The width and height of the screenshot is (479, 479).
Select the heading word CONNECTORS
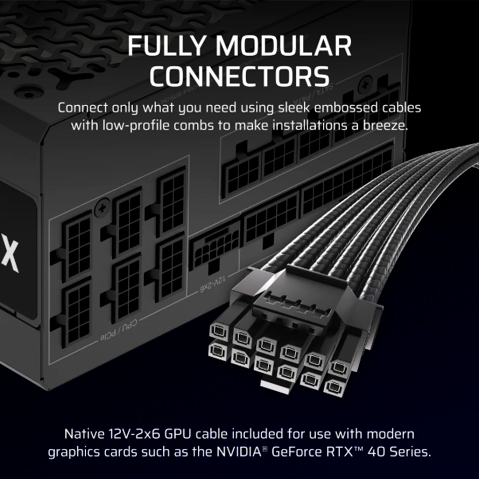coord(239,76)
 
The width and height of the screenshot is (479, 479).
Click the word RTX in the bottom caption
coord(356,452)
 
